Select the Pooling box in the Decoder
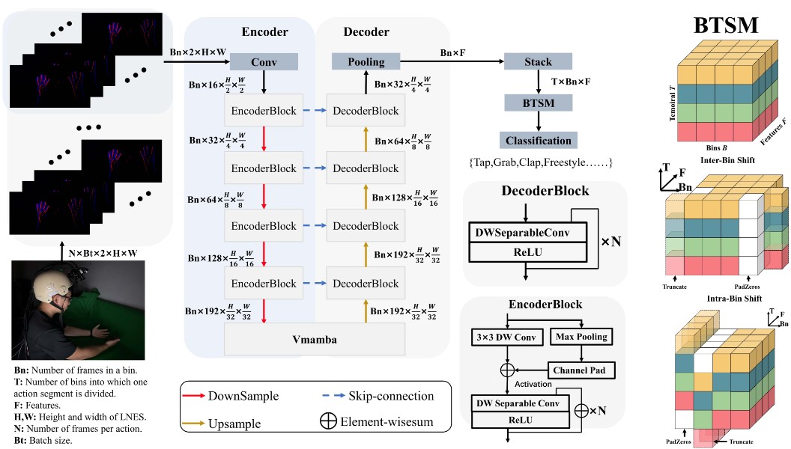click(x=366, y=61)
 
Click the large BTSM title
click(x=725, y=26)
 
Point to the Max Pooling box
click(x=580, y=337)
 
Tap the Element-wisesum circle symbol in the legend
click(x=328, y=421)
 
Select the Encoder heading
click(x=265, y=31)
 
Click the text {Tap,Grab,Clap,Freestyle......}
click(x=539, y=162)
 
